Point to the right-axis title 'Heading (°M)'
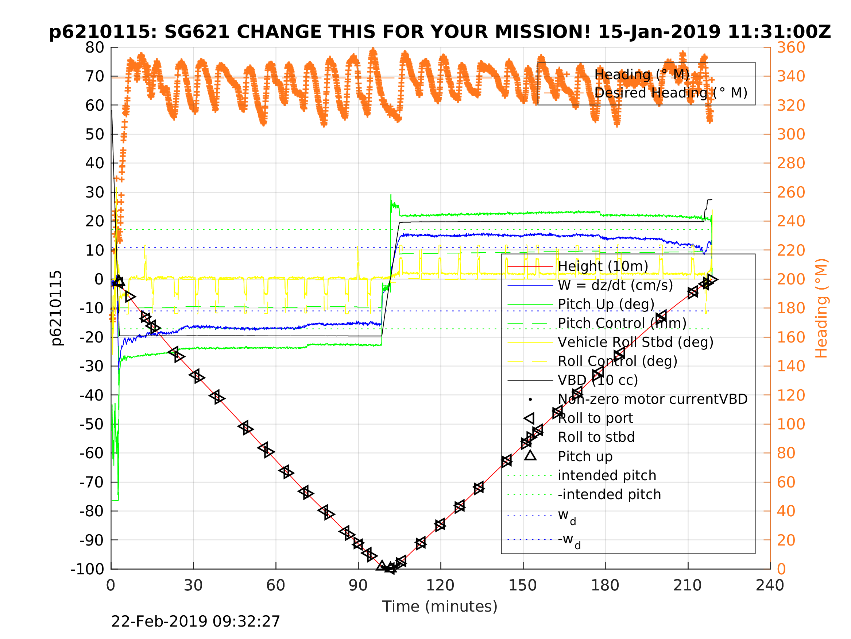pos(821,308)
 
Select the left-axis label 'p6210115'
pos(57,308)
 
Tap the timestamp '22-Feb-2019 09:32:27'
pos(196,622)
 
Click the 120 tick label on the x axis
pos(440,586)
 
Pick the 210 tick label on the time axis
pos(688,586)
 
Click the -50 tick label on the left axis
pos(92,424)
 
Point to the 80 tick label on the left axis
pos(94,48)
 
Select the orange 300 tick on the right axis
pos(791,134)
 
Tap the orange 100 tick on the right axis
pos(791,424)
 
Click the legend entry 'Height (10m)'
pos(603,266)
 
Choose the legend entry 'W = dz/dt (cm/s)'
pos(615,285)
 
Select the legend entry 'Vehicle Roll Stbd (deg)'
pos(635,342)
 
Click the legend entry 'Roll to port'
pos(595,418)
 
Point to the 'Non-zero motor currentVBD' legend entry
pos(653,399)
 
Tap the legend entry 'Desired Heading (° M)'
pos(670,93)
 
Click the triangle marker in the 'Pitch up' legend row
pos(530,456)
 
